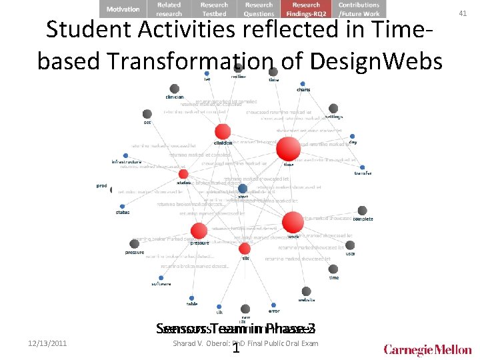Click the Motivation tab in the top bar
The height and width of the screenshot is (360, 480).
click(123, 9)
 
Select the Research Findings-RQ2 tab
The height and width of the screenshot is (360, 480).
click(306, 9)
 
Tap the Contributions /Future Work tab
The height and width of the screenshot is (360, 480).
click(358, 9)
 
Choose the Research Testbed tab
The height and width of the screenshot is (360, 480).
click(214, 9)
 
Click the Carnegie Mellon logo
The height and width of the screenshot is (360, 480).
click(427, 349)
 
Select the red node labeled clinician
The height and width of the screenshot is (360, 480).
click(223, 131)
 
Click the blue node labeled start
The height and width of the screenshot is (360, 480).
click(243, 189)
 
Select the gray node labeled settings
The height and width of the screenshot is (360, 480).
click(333, 109)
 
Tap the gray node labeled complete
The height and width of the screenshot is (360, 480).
click(362, 211)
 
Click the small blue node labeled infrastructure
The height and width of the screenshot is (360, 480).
click(125, 155)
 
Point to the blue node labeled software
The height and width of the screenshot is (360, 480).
click(161, 277)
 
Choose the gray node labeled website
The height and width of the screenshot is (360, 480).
click(307, 291)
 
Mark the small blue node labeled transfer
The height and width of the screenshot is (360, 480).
click(362, 167)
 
